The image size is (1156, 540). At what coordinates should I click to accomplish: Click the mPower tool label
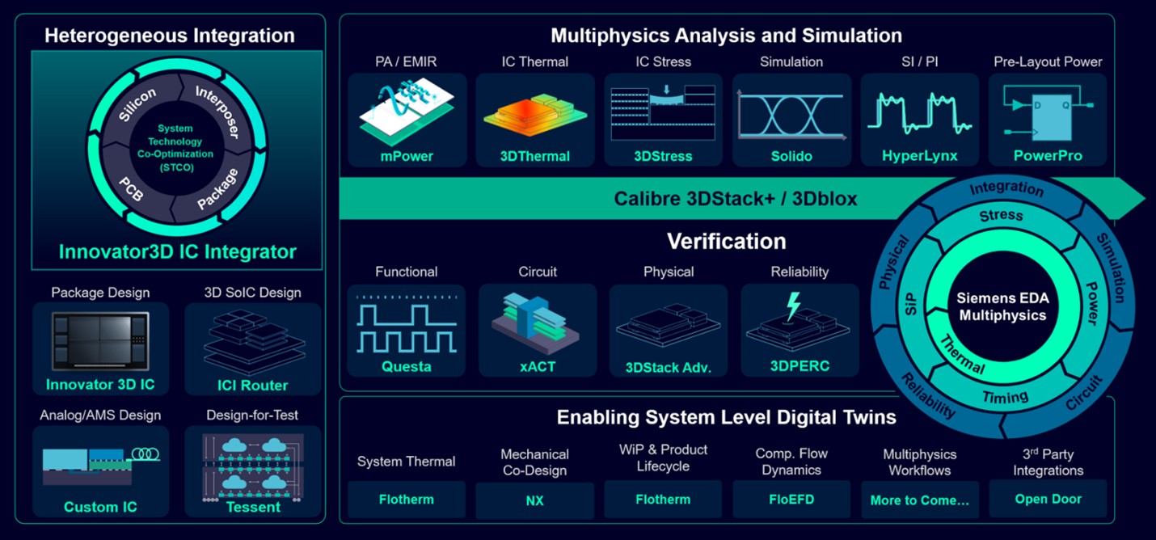[407, 156]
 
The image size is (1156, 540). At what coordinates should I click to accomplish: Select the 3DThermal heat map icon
[535, 115]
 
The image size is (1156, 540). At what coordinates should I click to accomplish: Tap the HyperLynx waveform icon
[920, 113]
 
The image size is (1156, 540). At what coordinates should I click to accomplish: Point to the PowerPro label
[1048, 155]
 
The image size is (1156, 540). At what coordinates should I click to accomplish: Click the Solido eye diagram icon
[791, 116]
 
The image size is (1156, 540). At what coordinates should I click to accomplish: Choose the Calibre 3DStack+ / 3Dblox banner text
[736, 199]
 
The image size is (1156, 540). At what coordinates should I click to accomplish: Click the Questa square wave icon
[407, 325]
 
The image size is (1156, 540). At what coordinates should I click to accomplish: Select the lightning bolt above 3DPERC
[793, 306]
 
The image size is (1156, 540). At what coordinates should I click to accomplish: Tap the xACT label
[538, 366]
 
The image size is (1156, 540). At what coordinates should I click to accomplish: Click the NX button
[534, 500]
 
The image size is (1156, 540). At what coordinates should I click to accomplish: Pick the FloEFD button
[791, 500]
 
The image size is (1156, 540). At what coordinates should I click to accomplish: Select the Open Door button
[1048, 499]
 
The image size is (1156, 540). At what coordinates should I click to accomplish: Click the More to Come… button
[920, 500]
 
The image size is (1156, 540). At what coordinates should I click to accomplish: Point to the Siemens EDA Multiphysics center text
[1002, 306]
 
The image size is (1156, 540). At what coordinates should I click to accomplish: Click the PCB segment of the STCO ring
[131, 189]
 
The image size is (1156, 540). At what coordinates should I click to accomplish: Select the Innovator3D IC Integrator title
[178, 251]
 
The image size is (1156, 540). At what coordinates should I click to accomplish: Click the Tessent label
[253, 507]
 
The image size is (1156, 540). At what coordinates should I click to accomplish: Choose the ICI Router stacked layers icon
[253, 340]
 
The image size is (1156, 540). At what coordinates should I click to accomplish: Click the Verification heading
[726, 241]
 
